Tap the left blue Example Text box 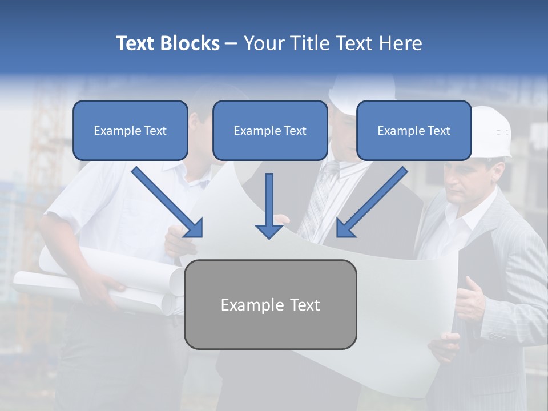pos(130,130)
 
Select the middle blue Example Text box pos(270,130)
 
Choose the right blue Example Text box pos(414,130)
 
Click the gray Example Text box pos(270,304)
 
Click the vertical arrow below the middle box pos(269,205)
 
